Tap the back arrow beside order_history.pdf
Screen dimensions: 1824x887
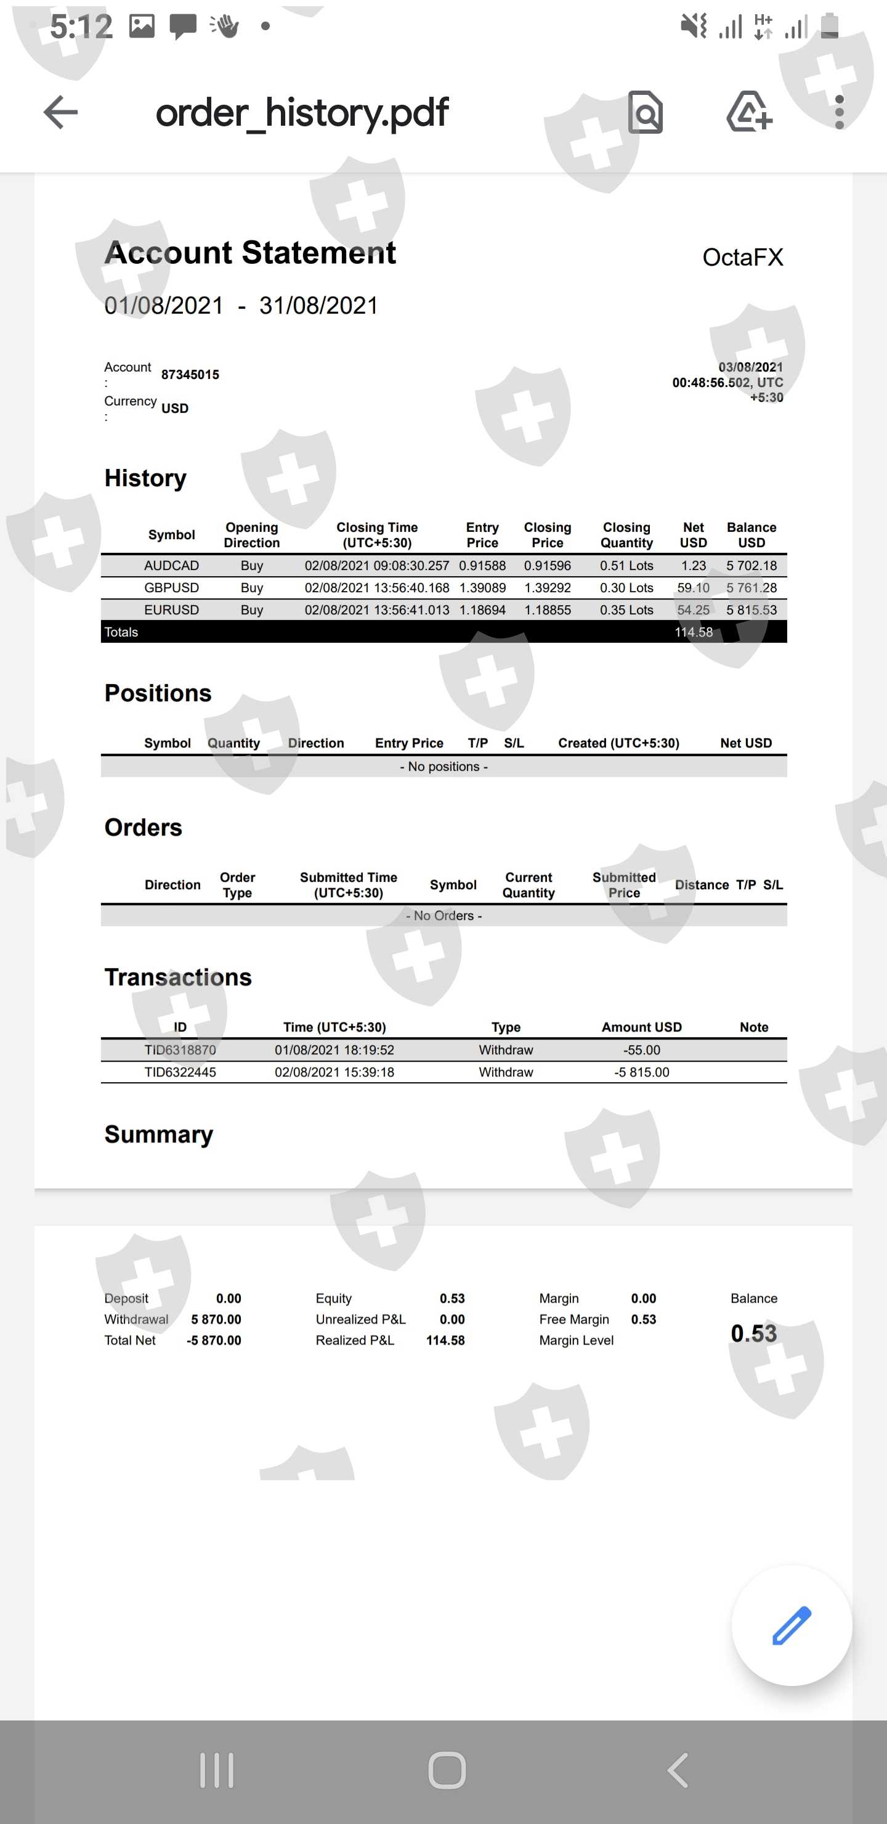[60, 113]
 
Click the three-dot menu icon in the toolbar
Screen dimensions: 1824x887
[839, 113]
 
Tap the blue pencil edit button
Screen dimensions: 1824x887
[792, 1625]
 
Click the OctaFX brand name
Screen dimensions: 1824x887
[743, 257]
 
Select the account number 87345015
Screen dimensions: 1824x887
[190, 375]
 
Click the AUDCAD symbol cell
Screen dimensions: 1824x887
[171, 566]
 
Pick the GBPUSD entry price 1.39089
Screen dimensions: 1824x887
[482, 588]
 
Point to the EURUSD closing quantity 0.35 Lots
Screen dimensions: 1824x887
[626, 609]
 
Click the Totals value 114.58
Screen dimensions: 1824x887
[693, 632]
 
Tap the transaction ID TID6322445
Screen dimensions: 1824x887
[180, 1072]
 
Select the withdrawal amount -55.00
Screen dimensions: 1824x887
[641, 1050]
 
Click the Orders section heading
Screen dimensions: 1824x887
[143, 828]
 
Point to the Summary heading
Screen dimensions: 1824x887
[158, 1134]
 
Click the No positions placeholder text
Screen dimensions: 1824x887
[444, 767]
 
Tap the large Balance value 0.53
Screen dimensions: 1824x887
[753, 1333]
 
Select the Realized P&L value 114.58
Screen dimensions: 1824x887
[445, 1340]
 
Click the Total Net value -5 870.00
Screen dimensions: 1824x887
[214, 1340]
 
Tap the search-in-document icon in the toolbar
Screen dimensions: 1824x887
[645, 113]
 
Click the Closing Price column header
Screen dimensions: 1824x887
[547, 535]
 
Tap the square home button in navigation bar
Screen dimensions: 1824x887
[447, 1770]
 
